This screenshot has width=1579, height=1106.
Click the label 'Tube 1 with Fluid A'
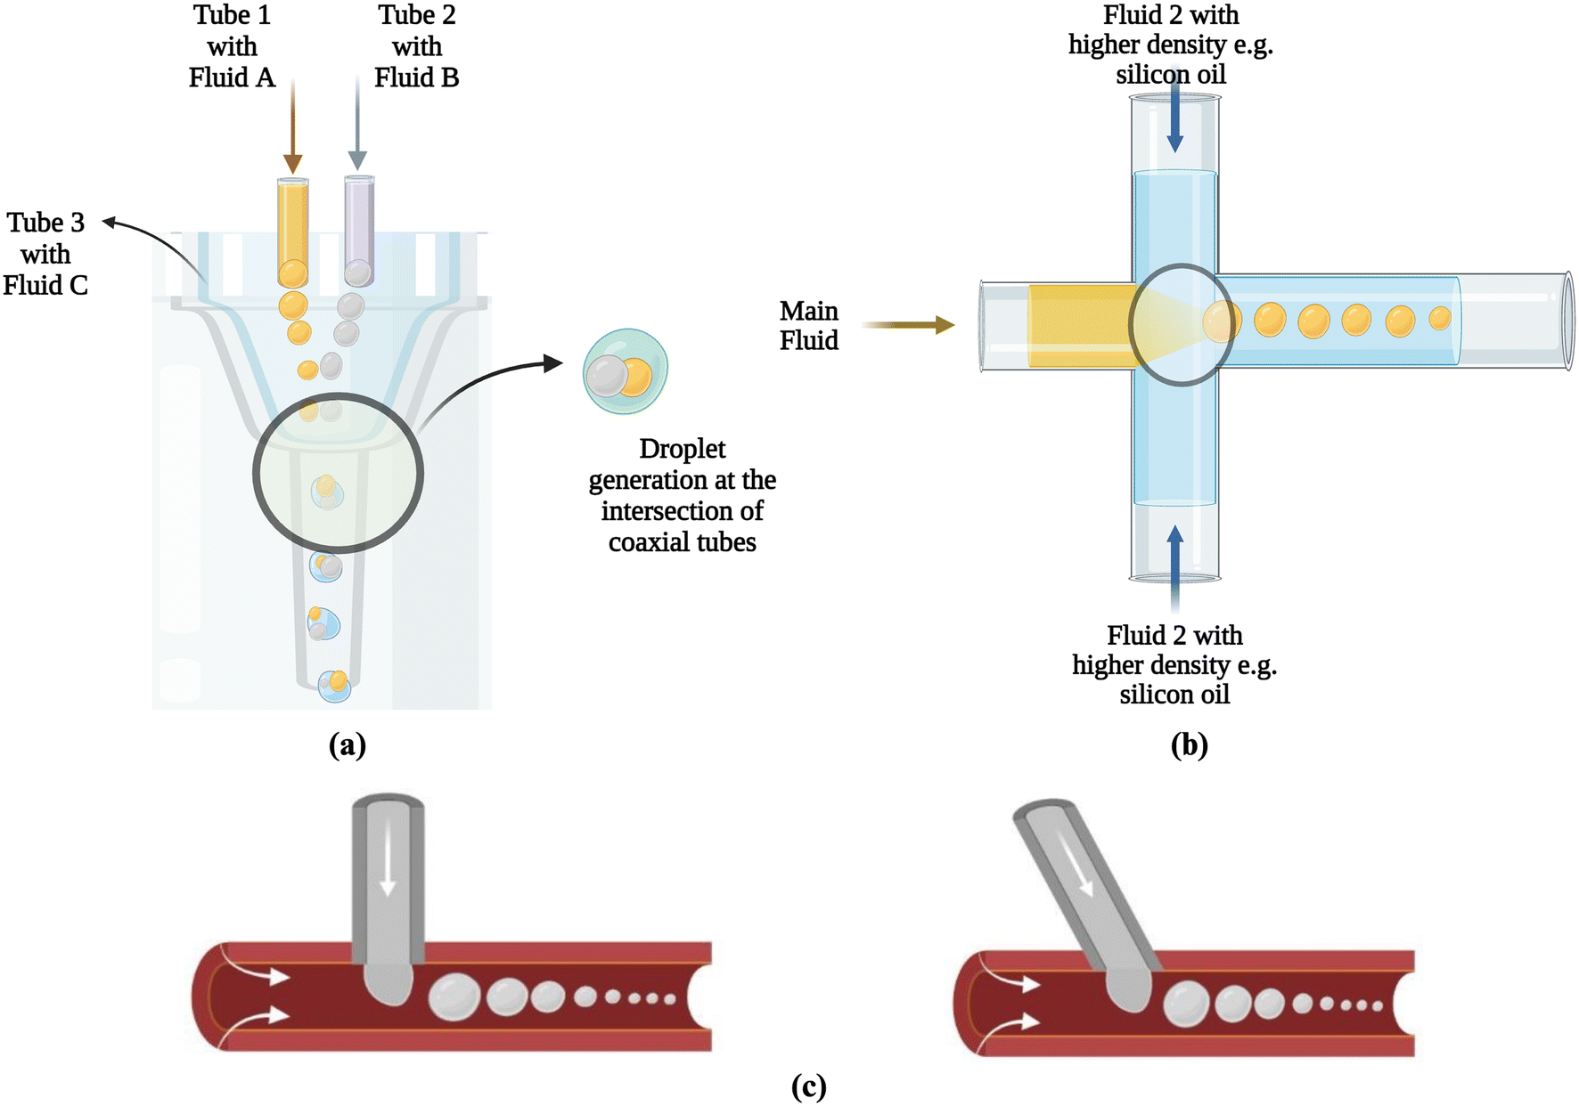click(x=232, y=46)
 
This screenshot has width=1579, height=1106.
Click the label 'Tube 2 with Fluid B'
click(x=416, y=46)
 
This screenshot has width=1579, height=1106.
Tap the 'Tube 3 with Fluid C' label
click(x=45, y=254)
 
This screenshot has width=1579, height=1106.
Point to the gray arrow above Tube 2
click(x=357, y=123)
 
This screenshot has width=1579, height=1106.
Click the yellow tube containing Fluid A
click(x=293, y=231)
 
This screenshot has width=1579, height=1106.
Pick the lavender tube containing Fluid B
click(x=359, y=230)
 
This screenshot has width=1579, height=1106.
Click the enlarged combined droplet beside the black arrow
click(x=626, y=372)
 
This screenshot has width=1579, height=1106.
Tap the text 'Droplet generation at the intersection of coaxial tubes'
click(x=682, y=495)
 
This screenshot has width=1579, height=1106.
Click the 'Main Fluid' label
click(x=809, y=325)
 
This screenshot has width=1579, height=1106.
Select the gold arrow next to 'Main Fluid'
click(x=907, y=325)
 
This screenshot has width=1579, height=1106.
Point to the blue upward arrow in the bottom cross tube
click(x=1175, y=567)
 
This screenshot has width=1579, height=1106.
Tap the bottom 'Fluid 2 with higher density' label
click(x=1174, y=665)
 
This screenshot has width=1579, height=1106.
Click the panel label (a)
click(x=348, y=744)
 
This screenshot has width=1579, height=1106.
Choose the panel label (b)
click(x=1190, y=744)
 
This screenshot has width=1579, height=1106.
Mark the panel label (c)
click(x=809, y=1086)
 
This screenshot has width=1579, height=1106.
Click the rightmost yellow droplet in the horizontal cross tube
click(x=1440, y=318)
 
